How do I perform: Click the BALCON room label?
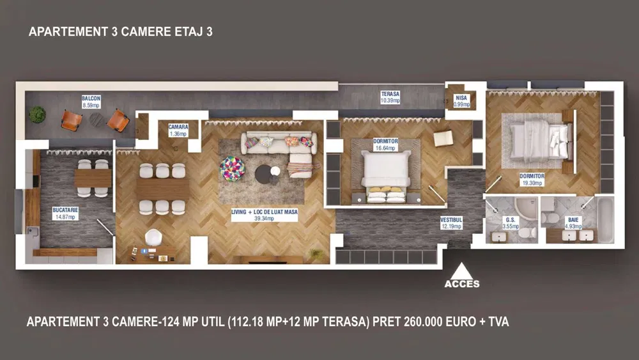tap(91, 102)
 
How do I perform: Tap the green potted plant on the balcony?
tap(37, 114)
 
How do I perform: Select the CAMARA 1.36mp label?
tap(178, 130)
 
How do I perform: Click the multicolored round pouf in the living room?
tap(233, 168)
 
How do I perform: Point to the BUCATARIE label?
tap(65, 213)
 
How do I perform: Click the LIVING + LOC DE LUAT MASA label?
tap(265, 215)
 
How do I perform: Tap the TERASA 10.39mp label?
tap(390, 97)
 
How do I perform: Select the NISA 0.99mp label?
tap(461, 101)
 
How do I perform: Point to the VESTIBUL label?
tap(451, 223)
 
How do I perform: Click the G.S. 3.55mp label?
tap(510, 223)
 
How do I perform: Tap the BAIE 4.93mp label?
tap(573, 223)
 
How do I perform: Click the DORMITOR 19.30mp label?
tap(532, 180)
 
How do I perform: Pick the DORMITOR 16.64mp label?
tap(385, 145)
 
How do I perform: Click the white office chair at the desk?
tap(153, 238)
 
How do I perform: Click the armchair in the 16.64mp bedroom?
tap(443, 138)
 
